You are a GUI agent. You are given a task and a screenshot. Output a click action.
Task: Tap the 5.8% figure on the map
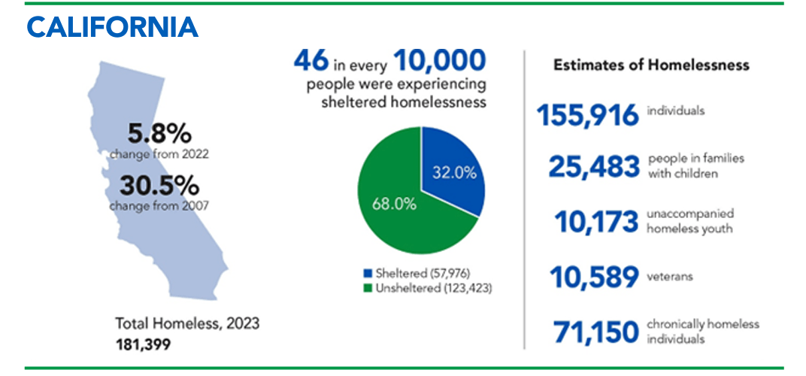tap(159, 135)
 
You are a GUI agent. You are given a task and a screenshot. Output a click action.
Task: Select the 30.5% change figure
tap(159, 185)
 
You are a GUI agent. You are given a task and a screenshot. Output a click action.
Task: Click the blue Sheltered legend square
tap(368, 272)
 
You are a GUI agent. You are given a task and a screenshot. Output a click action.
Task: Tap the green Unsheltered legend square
tap(368, 287)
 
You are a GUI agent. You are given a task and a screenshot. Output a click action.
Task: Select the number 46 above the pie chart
tap(311, 59)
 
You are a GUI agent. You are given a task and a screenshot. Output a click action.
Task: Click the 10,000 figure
tap(440, 59)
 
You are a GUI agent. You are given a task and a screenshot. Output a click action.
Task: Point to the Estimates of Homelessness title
tap(651, 65)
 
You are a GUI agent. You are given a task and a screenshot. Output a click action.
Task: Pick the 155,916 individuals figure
tap(588, 115)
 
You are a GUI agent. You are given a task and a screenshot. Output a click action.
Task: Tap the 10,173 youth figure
tap(596, 223)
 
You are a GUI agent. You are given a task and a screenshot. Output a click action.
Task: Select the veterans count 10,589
tap(593, 277)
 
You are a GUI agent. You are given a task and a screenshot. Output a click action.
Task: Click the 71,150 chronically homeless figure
tap(595, 332)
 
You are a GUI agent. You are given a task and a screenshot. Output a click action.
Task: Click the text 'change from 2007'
tap(159, 205)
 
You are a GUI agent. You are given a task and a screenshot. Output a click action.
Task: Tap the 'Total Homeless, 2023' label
tap(187, 324)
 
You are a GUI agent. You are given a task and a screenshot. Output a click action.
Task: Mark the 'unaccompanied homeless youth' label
tap(690, 221)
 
